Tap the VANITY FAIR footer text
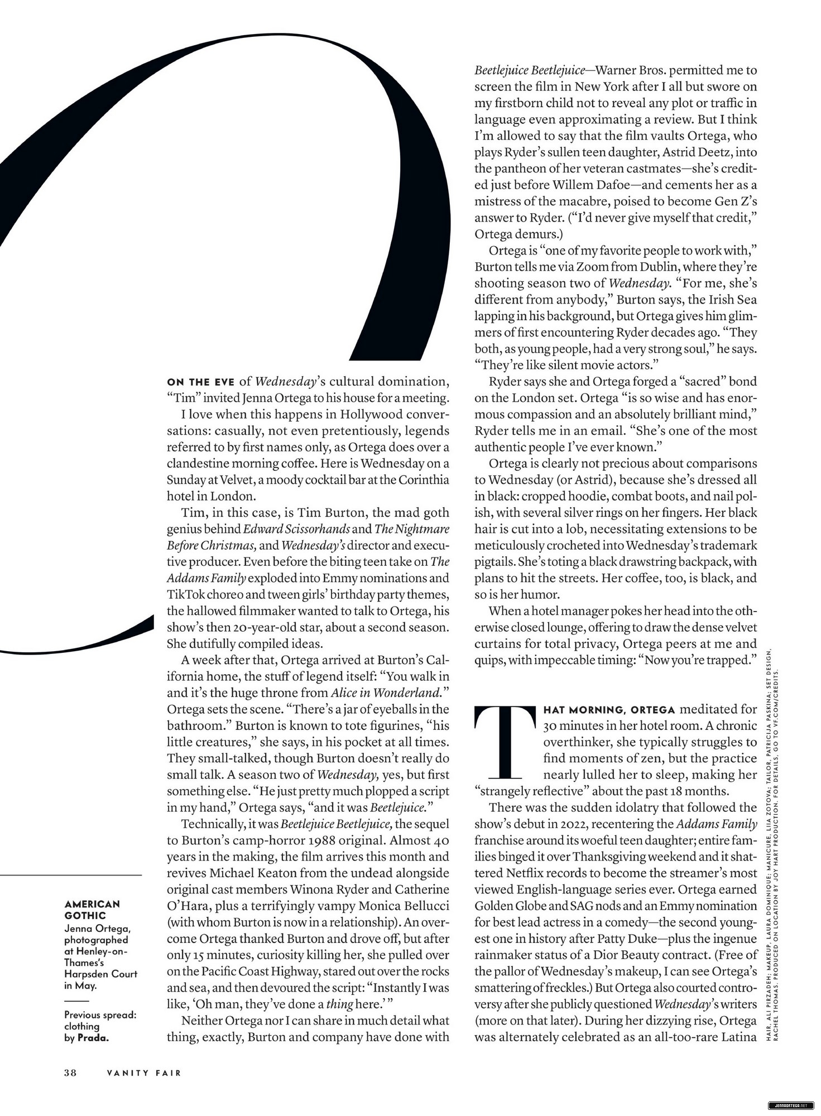point(145,1072)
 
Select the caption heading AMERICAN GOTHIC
point(92,910)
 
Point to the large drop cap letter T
point(505,742)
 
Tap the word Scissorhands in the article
point(319,529)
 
